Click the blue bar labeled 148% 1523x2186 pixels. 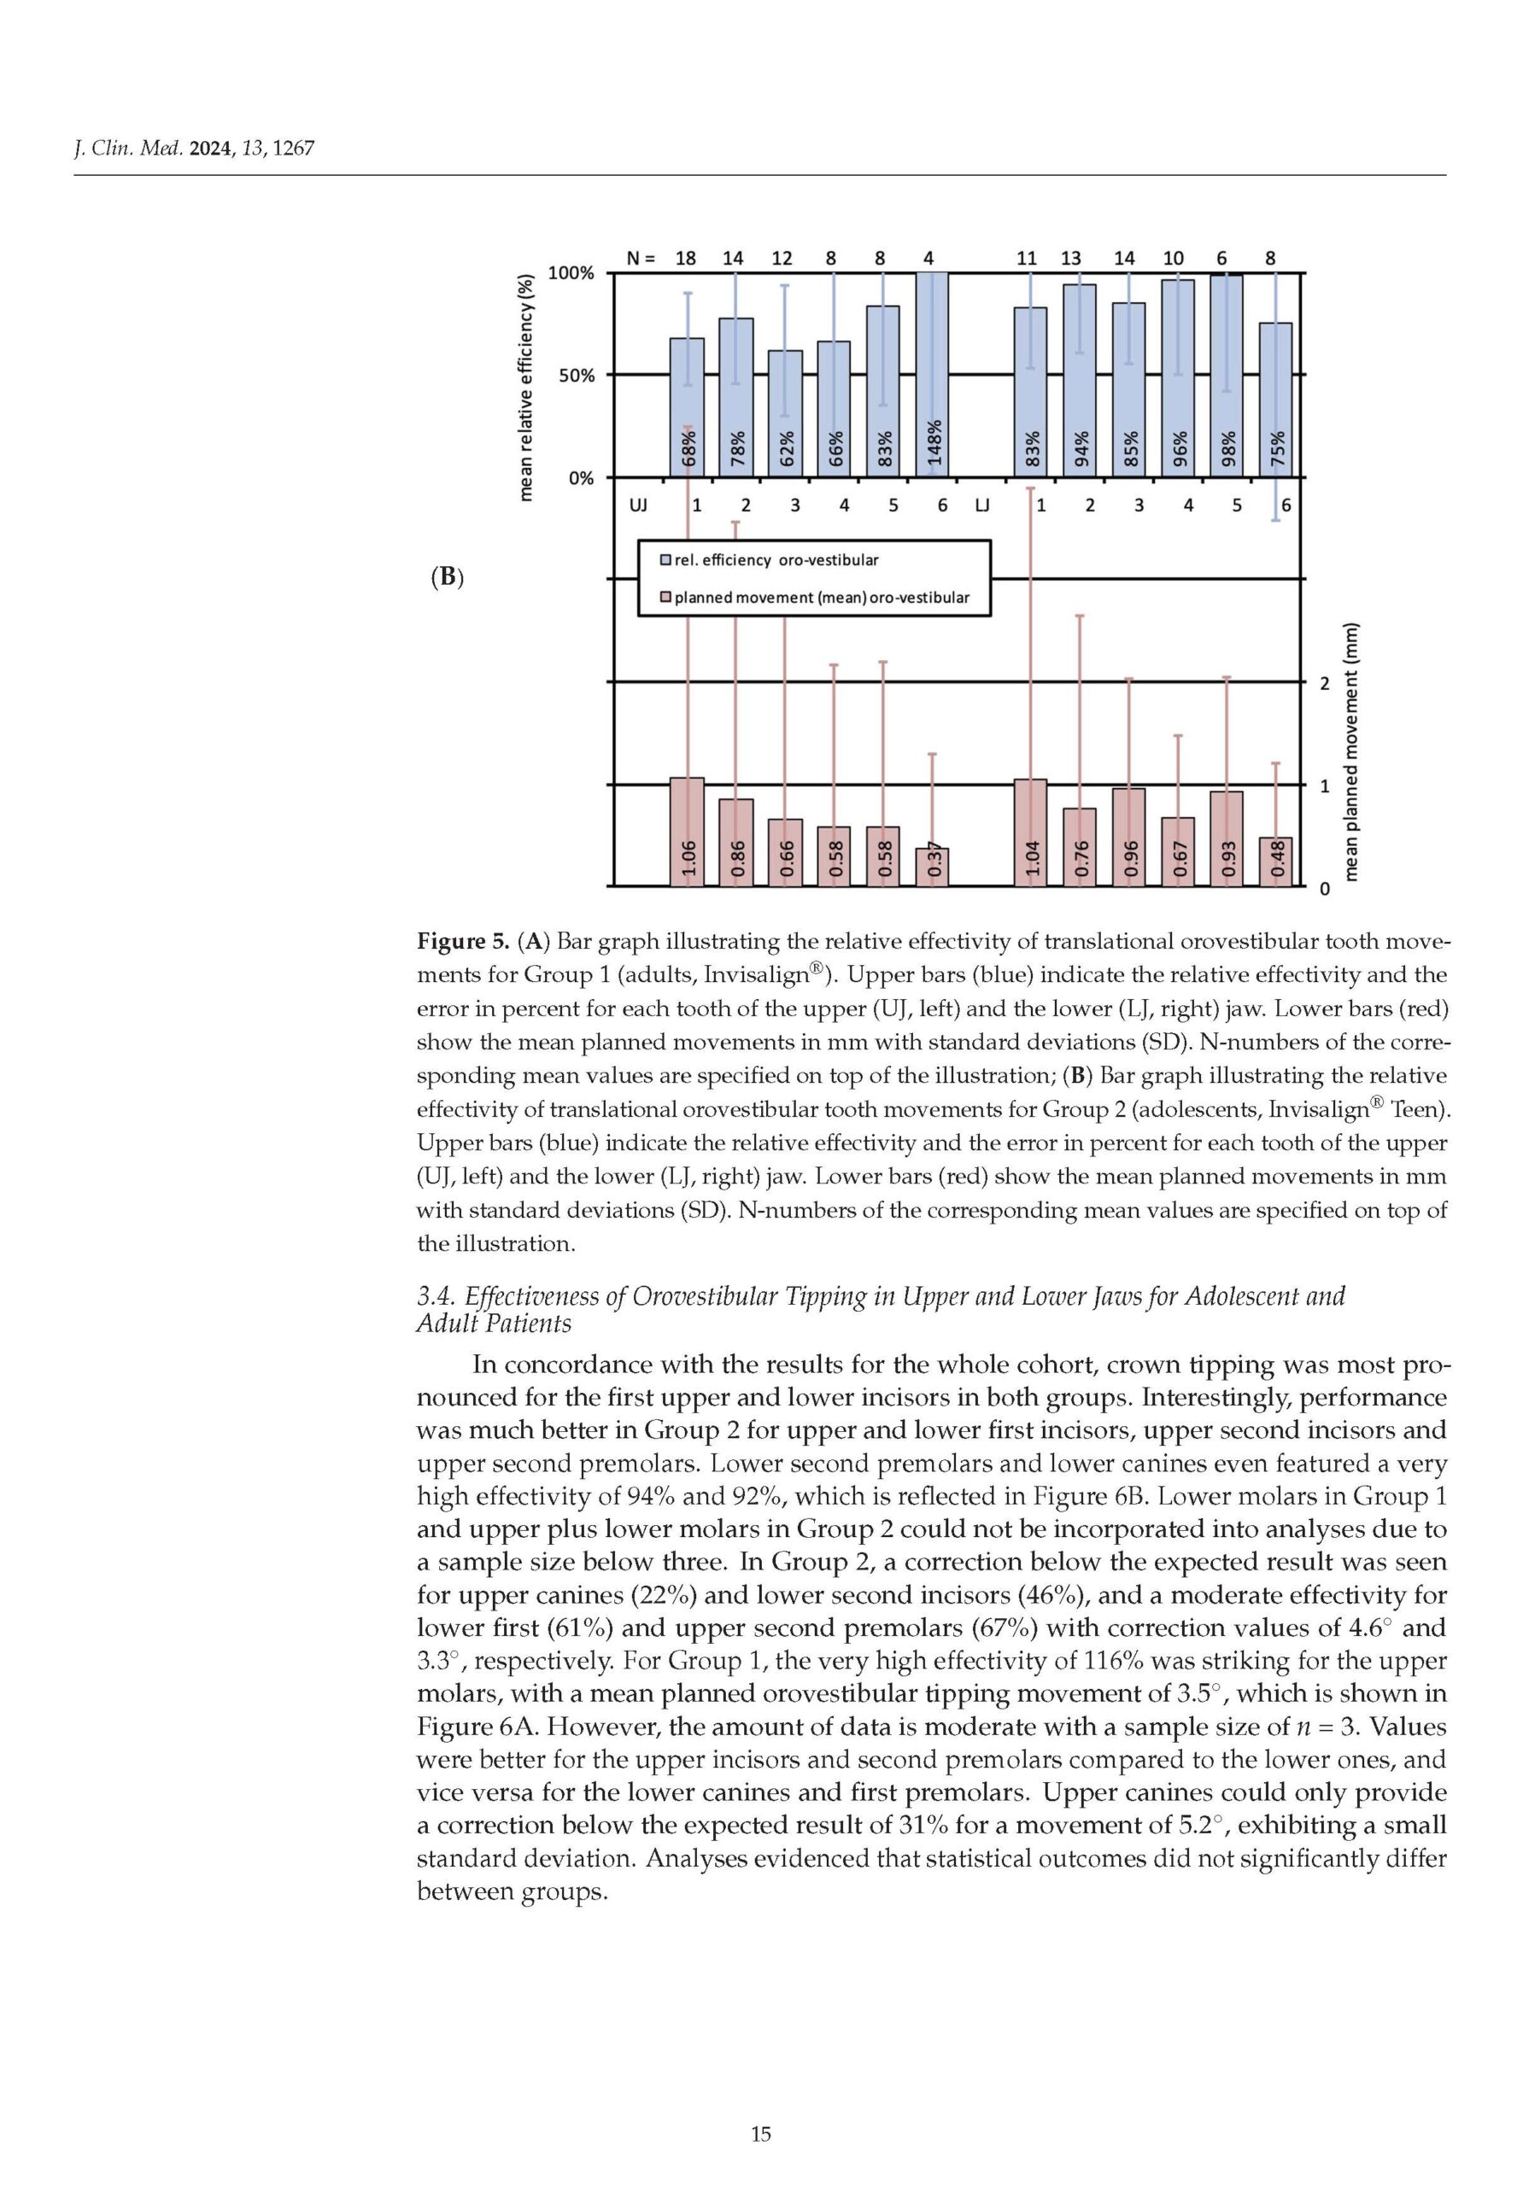pos(932,373)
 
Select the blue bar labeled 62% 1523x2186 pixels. pos(785,413)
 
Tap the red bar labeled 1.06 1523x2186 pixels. pos(688,832)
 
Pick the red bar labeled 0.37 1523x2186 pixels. pos(932,868)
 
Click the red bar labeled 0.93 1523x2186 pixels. pos(1227,839)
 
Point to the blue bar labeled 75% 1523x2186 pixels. pos(1276,400)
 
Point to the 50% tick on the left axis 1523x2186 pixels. pos(577,375)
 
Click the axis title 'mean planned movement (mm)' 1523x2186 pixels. pos(1351,752)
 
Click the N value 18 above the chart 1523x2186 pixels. pos(685,258)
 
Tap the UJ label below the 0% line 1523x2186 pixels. pos(637,506)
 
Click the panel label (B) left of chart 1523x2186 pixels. pos(447,577)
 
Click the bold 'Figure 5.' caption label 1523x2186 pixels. pos(464,943)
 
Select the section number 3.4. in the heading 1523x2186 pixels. pos(436,1297)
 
